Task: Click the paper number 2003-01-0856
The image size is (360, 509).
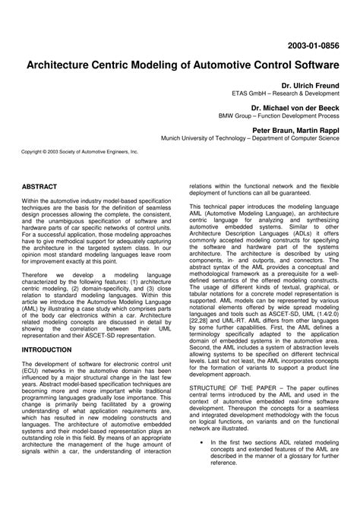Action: pyautogui.click(x=313, y=46)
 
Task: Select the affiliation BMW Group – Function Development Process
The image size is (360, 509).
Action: pyautogui.click(x=279, y=117)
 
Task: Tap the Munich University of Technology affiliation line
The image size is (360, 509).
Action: pyautogui.click(x=250, y=139)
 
